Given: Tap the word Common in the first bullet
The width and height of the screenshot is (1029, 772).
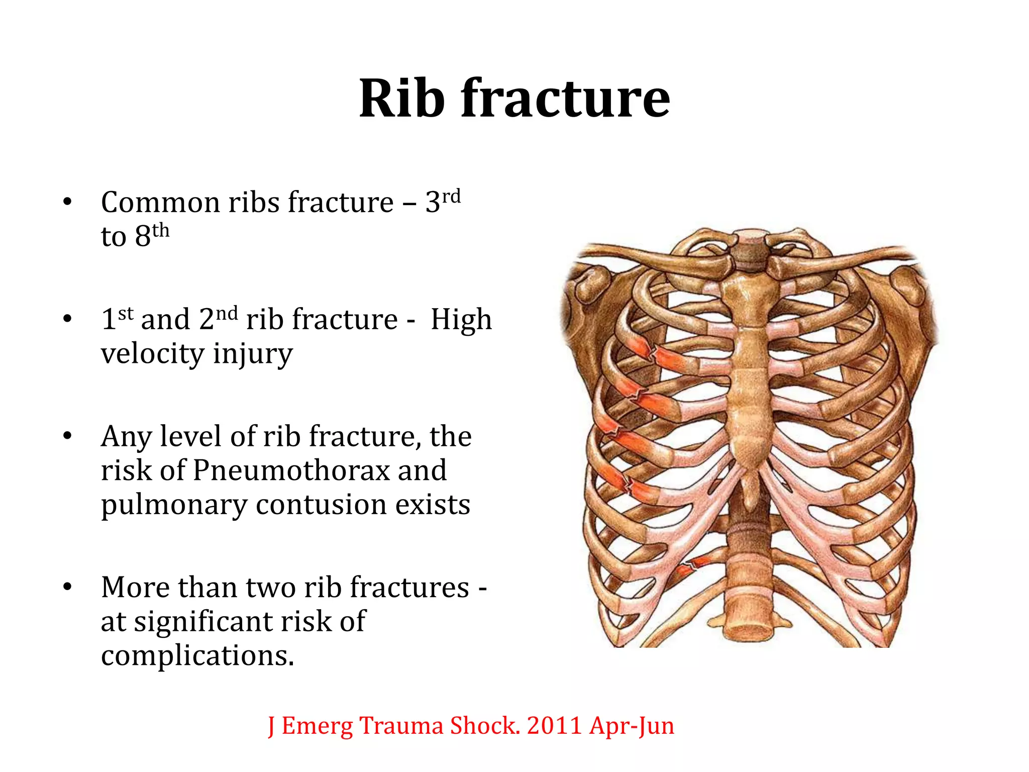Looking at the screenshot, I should pyautogui.click(x=160, y=203).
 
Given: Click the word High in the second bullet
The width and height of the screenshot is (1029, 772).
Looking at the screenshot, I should pyautogui.click(x=461, y=320).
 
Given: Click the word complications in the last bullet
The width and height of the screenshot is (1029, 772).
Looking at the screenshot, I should pyautogui.click(x=197, y=655).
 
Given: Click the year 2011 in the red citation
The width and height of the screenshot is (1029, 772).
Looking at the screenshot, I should pyautogui.click(x=555, y=726).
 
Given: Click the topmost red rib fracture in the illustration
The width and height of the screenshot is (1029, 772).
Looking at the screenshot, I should pyautogui.click(x=653, y=353).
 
